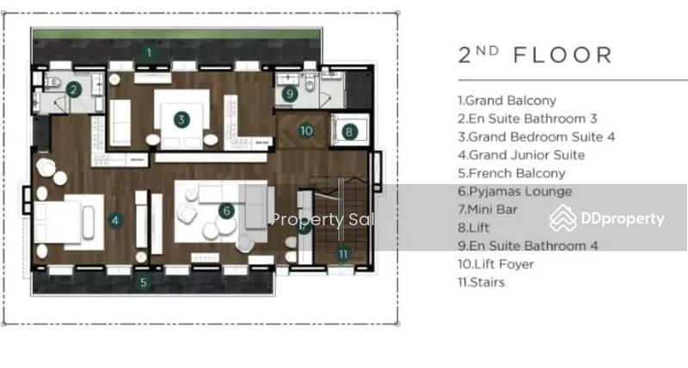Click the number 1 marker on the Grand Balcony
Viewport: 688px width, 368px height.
click(149, 52)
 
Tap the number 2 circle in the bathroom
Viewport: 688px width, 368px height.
click(74, 90)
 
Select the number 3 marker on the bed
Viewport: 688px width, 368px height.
click(181, 120)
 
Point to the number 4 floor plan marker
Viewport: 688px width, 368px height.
click(115, 220)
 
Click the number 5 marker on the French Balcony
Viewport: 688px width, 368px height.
click(144, 282)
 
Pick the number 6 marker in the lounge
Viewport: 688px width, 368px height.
click(226, 211)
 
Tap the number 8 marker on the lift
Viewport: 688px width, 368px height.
click(349, 132)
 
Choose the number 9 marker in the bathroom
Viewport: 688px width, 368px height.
click(290, 94)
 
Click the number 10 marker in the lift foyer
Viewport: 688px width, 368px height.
click(306, 131)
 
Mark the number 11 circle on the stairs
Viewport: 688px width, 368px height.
click(343, 254)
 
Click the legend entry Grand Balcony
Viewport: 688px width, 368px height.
click(507, 101)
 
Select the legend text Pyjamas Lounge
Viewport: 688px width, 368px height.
click(514, 192)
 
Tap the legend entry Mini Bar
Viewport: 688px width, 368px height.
click(488, 210)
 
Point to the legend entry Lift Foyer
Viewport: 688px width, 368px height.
click(496, 264)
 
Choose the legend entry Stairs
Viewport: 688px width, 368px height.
click(481, 283)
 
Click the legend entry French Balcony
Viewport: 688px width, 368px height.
click(511, 174)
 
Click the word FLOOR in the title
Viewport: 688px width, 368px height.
click(562, 56)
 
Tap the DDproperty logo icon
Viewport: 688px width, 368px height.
click(563, 218)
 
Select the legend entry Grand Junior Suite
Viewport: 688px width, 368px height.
click(521, 156)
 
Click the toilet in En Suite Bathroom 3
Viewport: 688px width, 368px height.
click(53, 82)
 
